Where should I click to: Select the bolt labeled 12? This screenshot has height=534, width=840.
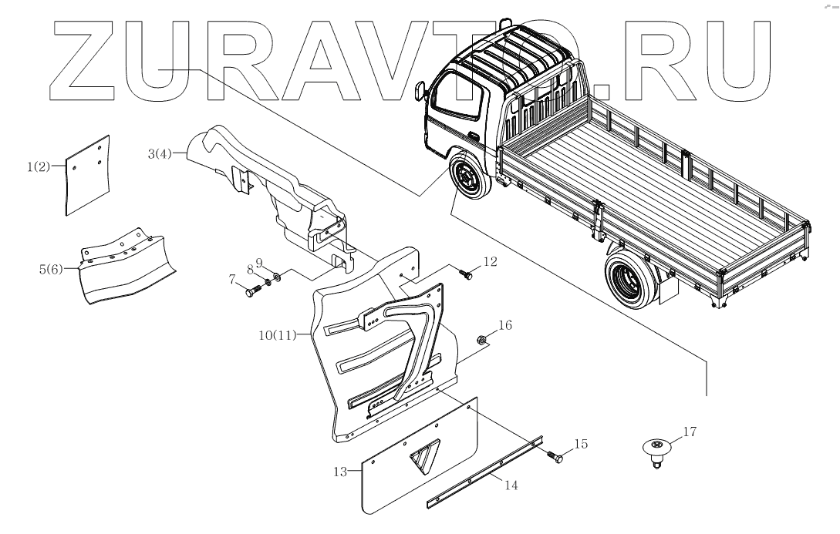pyautogui.click(x=466, y=272)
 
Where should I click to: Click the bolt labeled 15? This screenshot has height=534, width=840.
pyautogui.click(x=555, y=456)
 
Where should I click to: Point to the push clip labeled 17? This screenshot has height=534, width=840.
pyautogui.click(x=656, y=449)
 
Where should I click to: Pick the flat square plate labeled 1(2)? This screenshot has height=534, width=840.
pyautogui.click(x=86, y=175)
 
